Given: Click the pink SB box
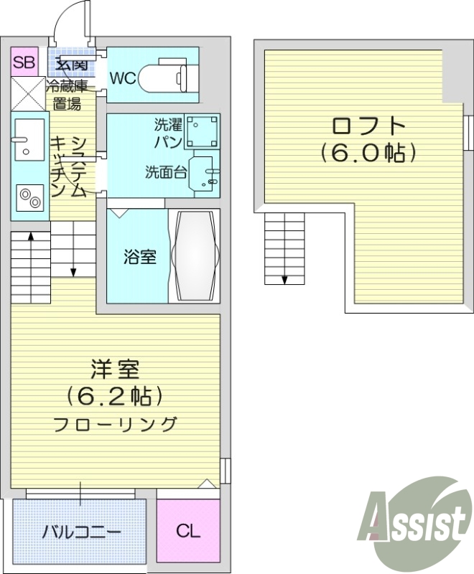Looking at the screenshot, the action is [x=24, y=62].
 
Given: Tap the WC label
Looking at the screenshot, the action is [x=124, y=78].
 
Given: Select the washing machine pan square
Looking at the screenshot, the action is [x=203, y=131].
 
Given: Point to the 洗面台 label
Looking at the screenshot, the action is [x=166, y=171].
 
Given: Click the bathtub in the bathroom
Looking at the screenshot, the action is [x=195, y=255].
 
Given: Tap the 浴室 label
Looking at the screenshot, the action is [x=139, y=257].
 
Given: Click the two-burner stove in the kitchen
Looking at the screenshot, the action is [x=30, y=198].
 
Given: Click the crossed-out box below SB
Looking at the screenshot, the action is [x=28, y=94].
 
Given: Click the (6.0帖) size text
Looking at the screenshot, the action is [x=368, y=153].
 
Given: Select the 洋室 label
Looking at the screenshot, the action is [x=116, y=370].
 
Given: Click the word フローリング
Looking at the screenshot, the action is [x=116, y=424].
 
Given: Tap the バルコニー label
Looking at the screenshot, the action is [x=81, y=531].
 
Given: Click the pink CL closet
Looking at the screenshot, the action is [x=188, y=530].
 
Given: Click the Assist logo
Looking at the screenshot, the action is [x=415, y=524].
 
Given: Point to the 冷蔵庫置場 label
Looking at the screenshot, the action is [x=67, y=95].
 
